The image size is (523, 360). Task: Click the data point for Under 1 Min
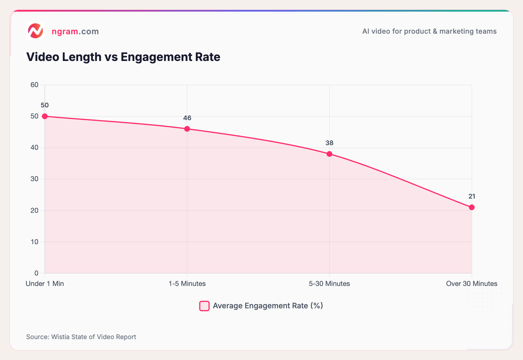coord(45,116)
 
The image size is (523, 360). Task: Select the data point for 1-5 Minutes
coord(187,129)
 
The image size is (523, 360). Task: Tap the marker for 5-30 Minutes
coord(329,154)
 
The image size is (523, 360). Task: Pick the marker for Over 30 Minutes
coord(472,207)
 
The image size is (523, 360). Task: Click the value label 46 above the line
coord(187,118)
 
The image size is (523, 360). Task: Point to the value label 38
coord(329,143)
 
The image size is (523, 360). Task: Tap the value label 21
coord(472,196)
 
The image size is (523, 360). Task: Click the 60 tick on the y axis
coord(34,85)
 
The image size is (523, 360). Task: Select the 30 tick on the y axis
coord(34,179)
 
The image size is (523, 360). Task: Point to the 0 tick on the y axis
coord(36,273)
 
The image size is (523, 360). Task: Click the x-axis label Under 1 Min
coord(45,284)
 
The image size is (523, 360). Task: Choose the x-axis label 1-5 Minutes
coord(187,284)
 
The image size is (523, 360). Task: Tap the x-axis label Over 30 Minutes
coord(471,284)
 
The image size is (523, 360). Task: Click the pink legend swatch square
coord(204,306)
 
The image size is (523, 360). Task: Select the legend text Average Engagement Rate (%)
coord(268,306)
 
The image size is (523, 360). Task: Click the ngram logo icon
coord(35,31)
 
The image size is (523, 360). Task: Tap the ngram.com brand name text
coord(75,31)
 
